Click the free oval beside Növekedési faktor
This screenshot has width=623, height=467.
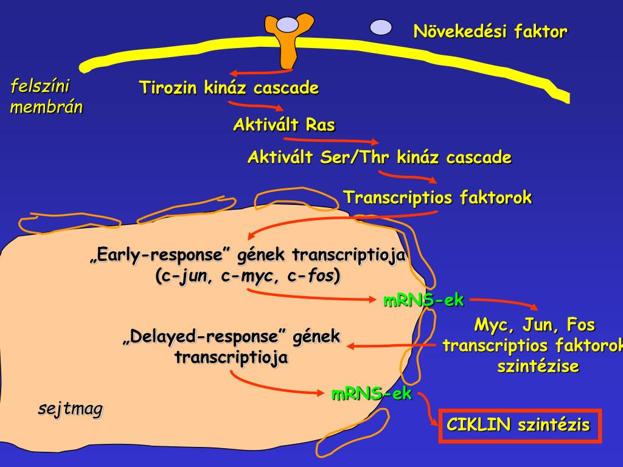click(x=381, y=27)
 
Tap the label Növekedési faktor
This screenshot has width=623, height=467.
click(x=490, y=31)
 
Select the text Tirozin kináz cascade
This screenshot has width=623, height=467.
click(x=229, y=88)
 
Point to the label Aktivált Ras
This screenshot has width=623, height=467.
click(x=284, y=125)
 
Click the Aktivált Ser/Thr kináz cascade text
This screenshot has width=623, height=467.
click(x=379, y=158)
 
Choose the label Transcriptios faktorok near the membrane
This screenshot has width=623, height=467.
click(x=437, y=198)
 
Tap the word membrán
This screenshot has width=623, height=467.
click(x=46, y=108)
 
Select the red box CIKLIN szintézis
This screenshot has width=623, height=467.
click(x=519, y=424)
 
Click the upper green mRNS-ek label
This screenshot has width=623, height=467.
click(x=423, y=300)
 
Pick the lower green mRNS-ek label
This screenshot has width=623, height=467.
click(x=371, y=394)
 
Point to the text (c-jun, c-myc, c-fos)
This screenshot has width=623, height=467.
click(x=248, y=275)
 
